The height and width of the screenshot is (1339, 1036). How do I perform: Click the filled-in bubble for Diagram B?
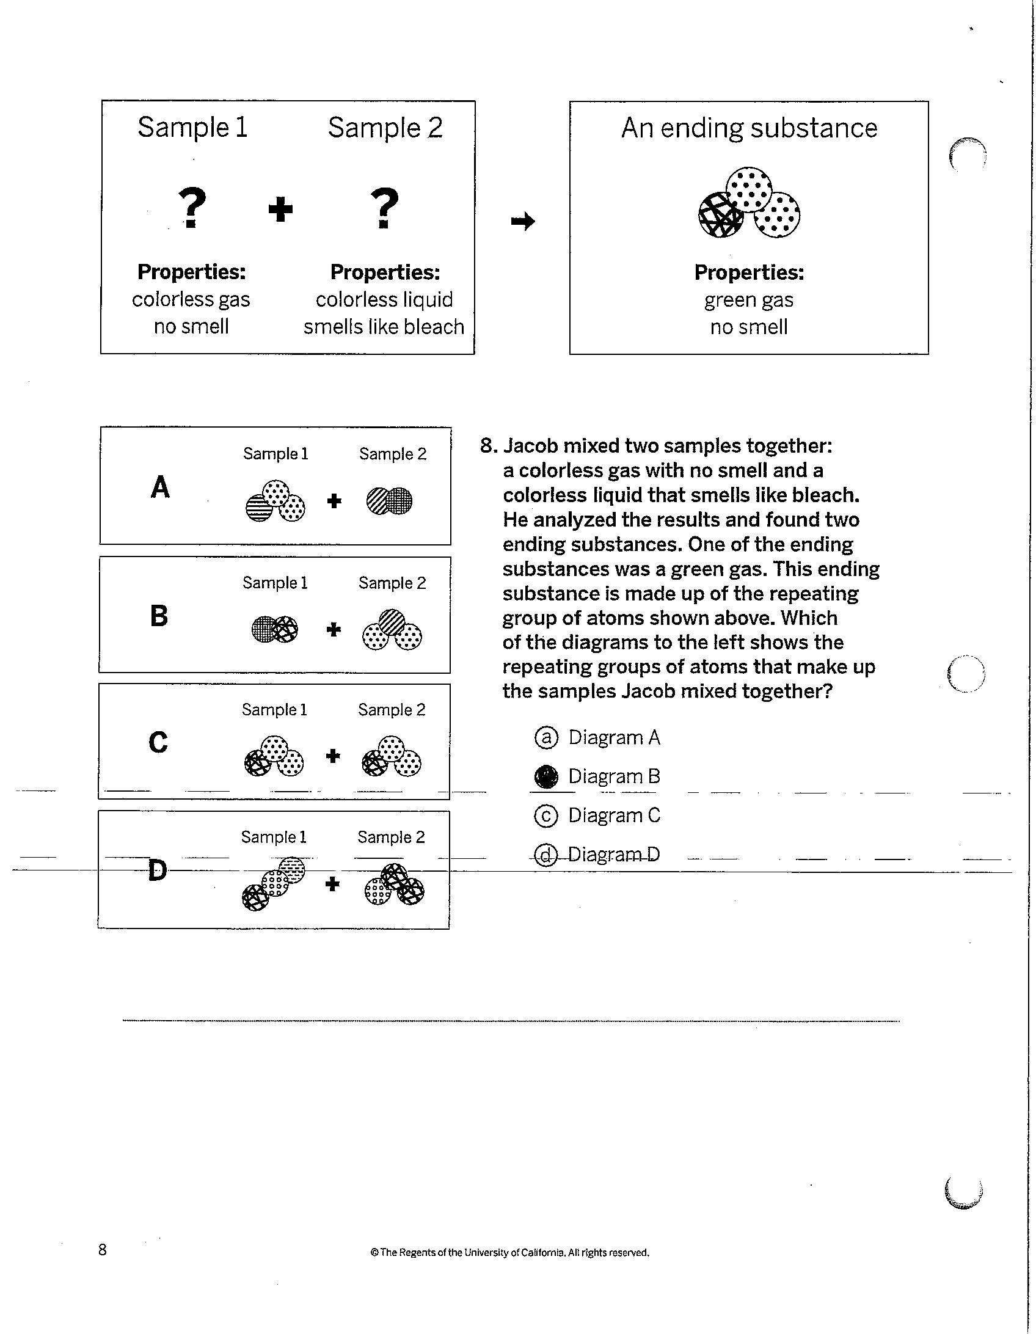coord(546,777)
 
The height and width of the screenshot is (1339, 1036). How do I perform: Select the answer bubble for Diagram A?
coord(546,737)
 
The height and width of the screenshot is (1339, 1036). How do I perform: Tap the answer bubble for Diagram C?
coord(546,815)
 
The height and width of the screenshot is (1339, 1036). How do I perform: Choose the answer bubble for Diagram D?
coord(545,855)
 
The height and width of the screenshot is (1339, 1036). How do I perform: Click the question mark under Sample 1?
coord(192,208)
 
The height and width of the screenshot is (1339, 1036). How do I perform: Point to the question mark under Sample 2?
coord(384,208)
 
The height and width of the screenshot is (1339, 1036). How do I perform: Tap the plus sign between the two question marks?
coord(281,210)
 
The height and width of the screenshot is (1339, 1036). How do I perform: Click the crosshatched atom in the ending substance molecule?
coord(721,215)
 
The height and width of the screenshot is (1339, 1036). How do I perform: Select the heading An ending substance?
coord(749,128)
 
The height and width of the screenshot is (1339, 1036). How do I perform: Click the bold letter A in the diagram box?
coord(160,487)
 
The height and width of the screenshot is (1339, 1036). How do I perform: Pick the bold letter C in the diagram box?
coord(158,742)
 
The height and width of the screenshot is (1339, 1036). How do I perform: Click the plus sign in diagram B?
coord(334,630)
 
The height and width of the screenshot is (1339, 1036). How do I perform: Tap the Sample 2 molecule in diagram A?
coord(389,501)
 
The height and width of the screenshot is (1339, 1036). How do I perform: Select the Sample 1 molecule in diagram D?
coord(274,884)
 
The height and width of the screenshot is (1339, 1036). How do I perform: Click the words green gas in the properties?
coord(748,300)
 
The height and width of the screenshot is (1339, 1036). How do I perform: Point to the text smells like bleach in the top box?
coord(384,327)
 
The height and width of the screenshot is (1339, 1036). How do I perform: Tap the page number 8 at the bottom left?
coord(103,1249)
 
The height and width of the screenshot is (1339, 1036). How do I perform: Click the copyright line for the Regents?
coord(510,1252)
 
